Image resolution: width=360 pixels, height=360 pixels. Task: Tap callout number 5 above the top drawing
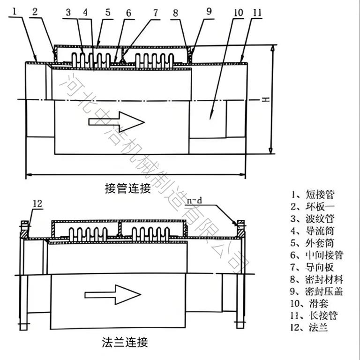(x=108, y=13)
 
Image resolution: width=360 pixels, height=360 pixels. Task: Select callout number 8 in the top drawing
(x=175, y=14)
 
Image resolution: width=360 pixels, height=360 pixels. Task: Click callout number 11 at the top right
(x=257, y=13)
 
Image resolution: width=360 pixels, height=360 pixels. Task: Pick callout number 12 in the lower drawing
(x=38, y=203)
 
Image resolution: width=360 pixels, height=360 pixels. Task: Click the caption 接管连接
(x=128, y=189)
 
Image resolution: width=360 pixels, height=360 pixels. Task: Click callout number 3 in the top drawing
(x=68, y=13)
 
